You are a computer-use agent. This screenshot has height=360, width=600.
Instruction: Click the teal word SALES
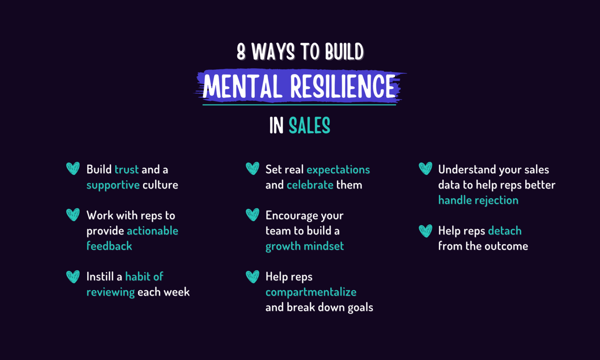[x=309, y=126]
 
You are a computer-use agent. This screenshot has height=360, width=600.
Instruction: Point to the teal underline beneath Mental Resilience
[x=299, y=105]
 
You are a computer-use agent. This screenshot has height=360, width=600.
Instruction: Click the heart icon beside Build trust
[x=73, y=169]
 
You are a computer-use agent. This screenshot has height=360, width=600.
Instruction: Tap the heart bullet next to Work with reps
[x=73, y=215]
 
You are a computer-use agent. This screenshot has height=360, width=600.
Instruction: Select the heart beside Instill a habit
[x=73, y=276]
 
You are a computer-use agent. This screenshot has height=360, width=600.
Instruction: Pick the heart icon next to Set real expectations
[x=253, y=169]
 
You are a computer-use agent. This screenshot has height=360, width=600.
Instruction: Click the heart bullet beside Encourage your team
[x=253, y=215]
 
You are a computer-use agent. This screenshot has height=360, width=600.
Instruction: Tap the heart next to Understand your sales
[x=425, y=169]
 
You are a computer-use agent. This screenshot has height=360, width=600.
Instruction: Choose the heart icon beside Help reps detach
[x=425, y=230]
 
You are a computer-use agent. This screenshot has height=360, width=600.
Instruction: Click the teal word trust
[x=126, y=170]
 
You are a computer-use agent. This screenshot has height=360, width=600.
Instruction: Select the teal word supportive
[x=113, y=185]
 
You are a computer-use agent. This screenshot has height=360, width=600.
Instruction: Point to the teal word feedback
[x=109, y=246]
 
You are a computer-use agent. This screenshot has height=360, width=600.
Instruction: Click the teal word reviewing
[x=111, y=292]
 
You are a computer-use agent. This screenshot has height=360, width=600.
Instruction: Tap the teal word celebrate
[x=310, y=185]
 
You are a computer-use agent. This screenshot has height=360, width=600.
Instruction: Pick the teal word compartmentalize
[x=311, y=292]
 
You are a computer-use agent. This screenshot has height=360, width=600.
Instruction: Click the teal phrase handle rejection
[x=478, y=200]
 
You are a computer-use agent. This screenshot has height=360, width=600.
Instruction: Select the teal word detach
[x=505, y=231]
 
